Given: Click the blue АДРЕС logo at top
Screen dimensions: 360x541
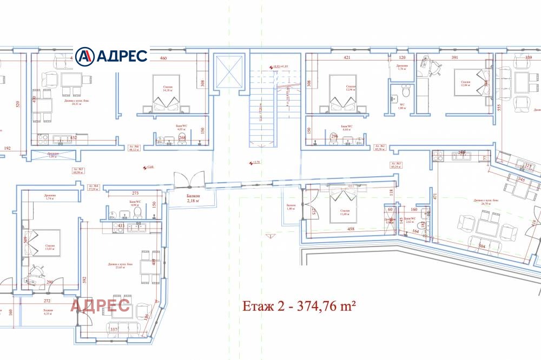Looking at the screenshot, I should [111, 55].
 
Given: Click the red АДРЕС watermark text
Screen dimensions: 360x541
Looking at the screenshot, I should [100, 305].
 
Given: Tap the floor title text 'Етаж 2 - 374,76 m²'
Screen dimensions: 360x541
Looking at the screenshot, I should [298, 307].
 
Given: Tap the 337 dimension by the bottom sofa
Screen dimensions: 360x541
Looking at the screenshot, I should [114, 328].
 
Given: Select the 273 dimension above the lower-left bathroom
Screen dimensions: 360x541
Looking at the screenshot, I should [136, 193].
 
